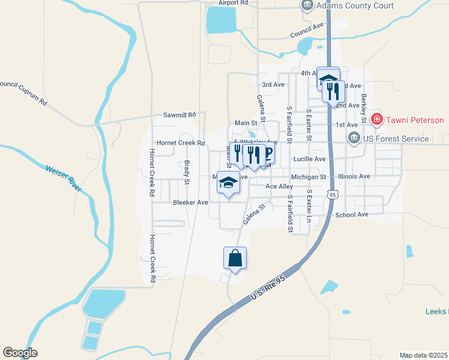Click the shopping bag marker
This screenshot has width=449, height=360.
pyautogui.click(x=235, y=259)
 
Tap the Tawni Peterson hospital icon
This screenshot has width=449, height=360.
pyautogui.click(x=376, y=120)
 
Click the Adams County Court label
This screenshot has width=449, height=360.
pyautogui.click(x=355, y=5)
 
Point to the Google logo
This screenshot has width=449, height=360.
pyautogui.click(x=20, y=353)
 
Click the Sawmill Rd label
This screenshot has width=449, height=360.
pyautogui.click(x=180, y=115)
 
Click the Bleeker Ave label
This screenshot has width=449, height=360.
pyautogui.click(x=190, y=203)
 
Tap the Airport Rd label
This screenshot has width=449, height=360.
pyautogui.click(x=234, y=3)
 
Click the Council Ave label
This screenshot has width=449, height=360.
pyautogui.click(x=307, y=30)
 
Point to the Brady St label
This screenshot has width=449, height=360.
pyautogui.click(x=187, y=172)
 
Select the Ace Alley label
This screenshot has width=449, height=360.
pyautogui.click(x=279, y=187)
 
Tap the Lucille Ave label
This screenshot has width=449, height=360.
pyautogui.click(x=309, y=159)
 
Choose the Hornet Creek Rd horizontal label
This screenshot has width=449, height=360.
pyautogui.click(x=181, y=143)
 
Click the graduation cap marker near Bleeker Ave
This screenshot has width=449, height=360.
pyautogui.click(x=228, y=182)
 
